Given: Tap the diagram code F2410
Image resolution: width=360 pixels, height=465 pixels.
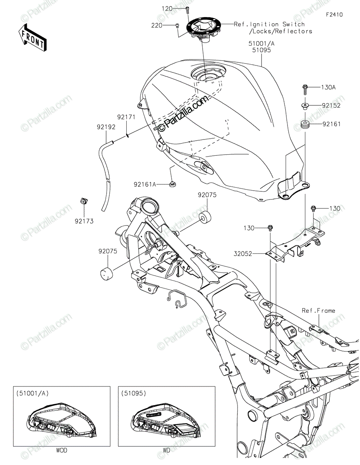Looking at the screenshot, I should (x=334, y=15).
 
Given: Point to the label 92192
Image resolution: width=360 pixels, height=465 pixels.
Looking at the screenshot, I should (x=106, y=126).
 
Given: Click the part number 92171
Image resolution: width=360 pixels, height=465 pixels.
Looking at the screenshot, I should (x=126, y=116).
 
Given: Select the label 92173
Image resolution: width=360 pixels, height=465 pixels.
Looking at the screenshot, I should (x=84, y=221).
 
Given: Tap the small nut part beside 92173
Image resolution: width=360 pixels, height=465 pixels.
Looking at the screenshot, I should (x=82, y=201).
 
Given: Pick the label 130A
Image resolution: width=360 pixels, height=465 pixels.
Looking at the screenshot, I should (x=328, y=88).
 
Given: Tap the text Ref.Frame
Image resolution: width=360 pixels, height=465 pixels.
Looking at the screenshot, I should (x=319, y=310).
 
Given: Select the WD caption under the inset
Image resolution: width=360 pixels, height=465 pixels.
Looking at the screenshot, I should (x=167, y=451).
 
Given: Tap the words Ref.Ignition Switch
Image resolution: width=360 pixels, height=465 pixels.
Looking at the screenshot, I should (x=269, y=24).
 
